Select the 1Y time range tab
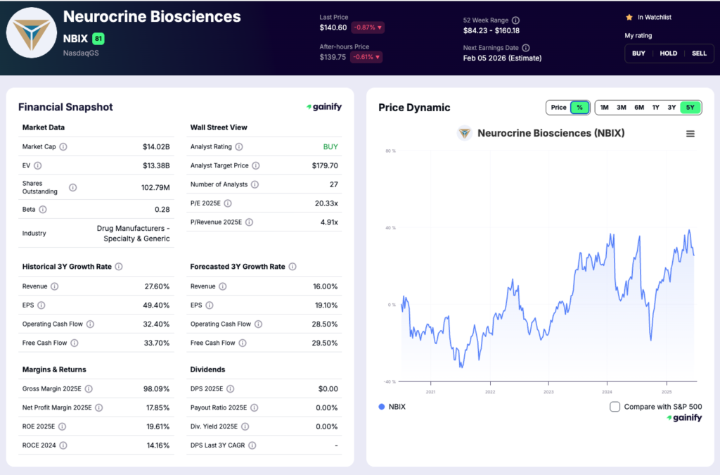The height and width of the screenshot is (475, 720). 655,108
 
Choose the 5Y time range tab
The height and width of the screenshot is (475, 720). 690,108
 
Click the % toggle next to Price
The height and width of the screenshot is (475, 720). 579,108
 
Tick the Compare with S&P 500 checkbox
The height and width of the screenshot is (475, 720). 615,407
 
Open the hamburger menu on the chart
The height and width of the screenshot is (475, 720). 690,134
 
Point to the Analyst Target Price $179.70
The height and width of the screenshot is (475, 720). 325,166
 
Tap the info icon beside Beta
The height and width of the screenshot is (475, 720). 43,210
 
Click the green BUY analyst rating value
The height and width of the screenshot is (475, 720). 330,147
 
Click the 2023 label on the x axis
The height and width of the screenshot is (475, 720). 548,392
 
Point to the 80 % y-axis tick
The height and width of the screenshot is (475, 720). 391,151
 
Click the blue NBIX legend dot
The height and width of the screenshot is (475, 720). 382,407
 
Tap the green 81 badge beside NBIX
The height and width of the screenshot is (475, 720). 98,39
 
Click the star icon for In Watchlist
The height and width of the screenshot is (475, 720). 629,17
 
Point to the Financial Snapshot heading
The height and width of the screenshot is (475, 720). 65,107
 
